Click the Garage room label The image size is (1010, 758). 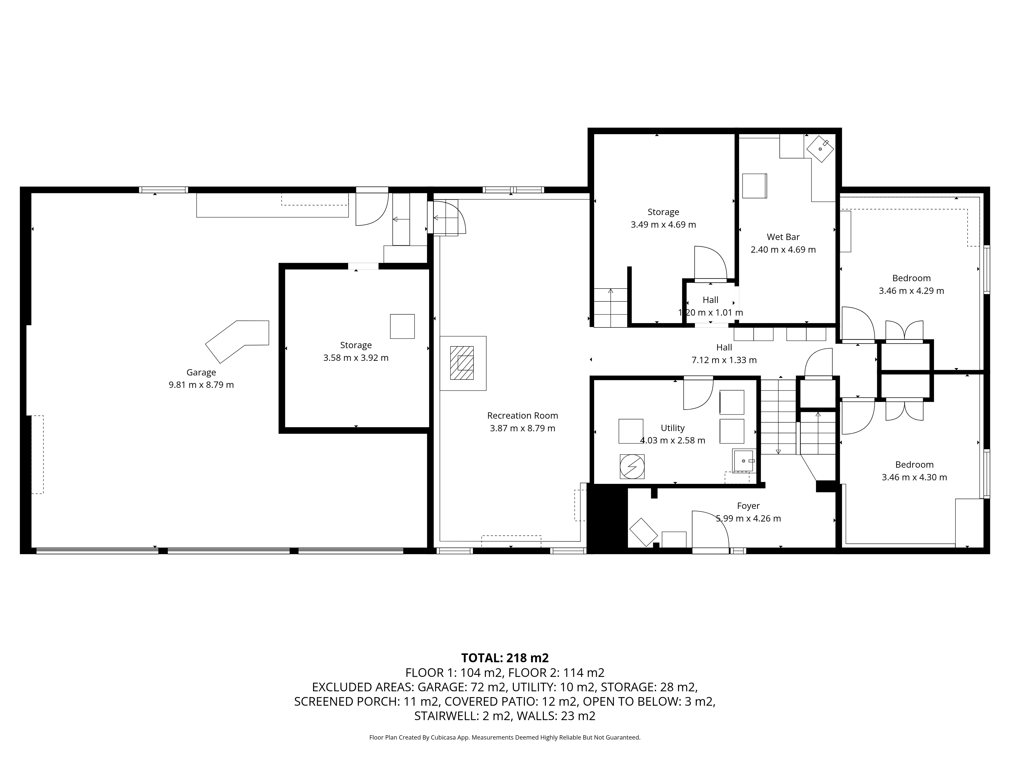[x=201, y=372]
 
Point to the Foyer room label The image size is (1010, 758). [x=748, y=506]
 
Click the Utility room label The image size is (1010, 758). [x=673, y=428]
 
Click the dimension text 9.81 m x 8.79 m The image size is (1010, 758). [x=201, y=385]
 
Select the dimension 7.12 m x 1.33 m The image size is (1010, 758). [x=724, y=360]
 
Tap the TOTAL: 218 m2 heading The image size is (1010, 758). [x=505, y=658]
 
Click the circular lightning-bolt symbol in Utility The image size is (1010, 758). [x=632, y=466]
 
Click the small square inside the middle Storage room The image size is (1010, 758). [x=402, y=326]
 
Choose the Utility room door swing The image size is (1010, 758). [x=698, y=394]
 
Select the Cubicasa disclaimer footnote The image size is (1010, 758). [x=505, y=738]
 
